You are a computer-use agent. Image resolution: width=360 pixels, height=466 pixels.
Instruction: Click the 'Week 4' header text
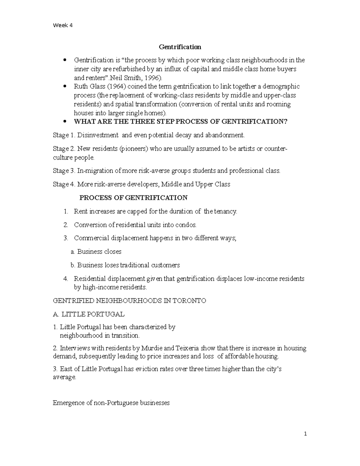click(62, 25)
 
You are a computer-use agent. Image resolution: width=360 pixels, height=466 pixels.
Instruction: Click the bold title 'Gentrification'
click(180, 47)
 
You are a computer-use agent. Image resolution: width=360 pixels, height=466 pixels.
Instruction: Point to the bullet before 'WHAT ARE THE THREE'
click(64, 122)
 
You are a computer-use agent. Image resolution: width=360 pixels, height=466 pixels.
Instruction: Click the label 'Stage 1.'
click(64, 135)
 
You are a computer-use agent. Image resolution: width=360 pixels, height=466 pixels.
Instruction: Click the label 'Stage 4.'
click(64, 184)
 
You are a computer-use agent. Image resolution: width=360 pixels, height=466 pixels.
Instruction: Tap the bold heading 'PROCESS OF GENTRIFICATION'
click(133, 198)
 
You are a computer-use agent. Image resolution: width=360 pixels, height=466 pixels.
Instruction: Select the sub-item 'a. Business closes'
click(96, 252)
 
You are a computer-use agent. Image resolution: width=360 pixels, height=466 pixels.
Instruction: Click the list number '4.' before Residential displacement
click(66, 279)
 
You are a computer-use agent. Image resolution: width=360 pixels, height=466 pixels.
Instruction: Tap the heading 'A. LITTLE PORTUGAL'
click(88, 314)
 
